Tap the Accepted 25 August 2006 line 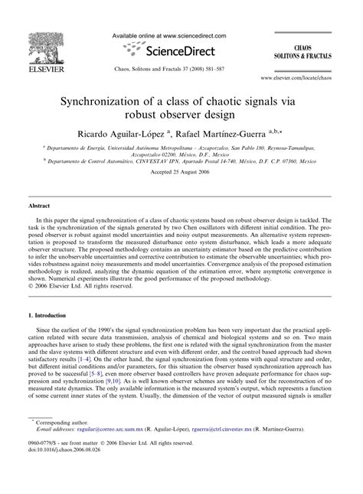point(181,193)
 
